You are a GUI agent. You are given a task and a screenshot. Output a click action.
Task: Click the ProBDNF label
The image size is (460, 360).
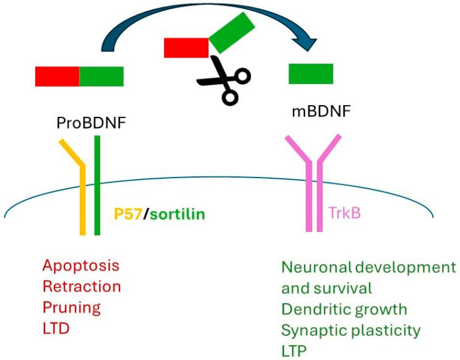(x=91, y=122)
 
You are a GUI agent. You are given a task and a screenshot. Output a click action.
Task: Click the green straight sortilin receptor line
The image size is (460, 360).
(x=97, y=186)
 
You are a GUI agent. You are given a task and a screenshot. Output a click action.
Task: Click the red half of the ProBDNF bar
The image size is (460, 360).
(x=57, y=75)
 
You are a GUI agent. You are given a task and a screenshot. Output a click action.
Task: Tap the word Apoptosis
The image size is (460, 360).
(x=80, y=266)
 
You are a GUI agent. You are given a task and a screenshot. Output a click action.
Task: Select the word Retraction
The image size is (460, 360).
(x=82, y=286)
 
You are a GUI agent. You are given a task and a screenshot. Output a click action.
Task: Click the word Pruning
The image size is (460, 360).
(x=71, y=307)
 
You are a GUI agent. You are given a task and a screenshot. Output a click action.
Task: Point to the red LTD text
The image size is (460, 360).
(x=56, y=328)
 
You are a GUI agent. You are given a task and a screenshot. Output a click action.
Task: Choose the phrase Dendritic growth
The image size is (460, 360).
(x=344, y=309)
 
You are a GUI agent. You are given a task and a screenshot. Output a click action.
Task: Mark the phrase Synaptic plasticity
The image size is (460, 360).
(x=351, y=329)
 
